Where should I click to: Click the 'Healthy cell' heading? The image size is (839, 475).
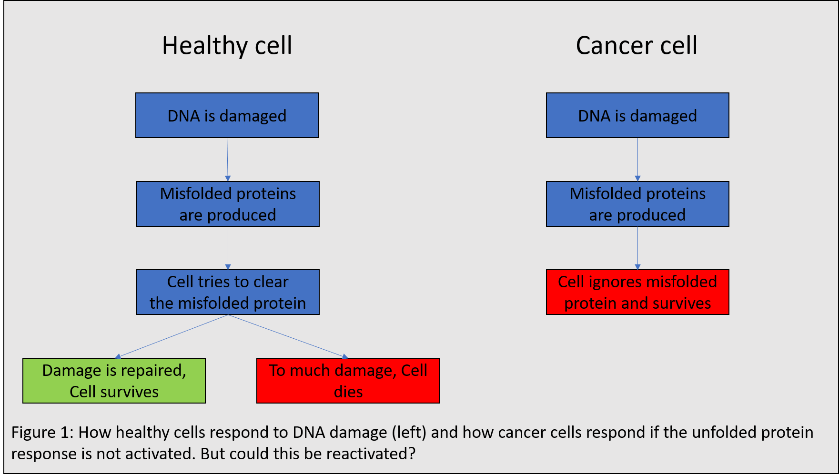pyautogui.click(x=227, y=46)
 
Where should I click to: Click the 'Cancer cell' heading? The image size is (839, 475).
pyautogui.click(x=637, y=46)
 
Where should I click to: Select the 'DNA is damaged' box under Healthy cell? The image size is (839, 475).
pyautogui.click(x=227, y=115)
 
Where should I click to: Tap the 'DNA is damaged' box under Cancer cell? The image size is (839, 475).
pyautogui.click(x=637, y=115)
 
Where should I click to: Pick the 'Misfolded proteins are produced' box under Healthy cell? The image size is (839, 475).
pyautogui.click(x=228, y=204)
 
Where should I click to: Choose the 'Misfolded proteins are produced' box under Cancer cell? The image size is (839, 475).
pyautogui.click(x=637, y=204)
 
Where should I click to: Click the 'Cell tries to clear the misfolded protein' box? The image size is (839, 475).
pyautogui.click(x=228, y=292)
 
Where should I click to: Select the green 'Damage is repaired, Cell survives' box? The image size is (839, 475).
pyautogui.click(x=114, y=381)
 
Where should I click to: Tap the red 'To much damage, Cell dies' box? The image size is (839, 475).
pyautogui.click(x=348, y=381)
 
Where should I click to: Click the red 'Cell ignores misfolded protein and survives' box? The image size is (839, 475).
pyautogui.click(x=637, y=292)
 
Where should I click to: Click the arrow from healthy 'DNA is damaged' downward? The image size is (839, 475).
pyautogui.click(x=227, y=160)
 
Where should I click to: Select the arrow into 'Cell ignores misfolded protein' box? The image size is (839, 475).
pyautogui.click(x=637, y=248)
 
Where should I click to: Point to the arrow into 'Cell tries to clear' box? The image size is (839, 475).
pyautogui.click(x=228, y=248)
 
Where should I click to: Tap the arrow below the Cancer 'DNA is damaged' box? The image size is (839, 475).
pyautogui.click(x=637, y=160)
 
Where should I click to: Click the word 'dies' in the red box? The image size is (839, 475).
pyautogui.click(x=348, y=392)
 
